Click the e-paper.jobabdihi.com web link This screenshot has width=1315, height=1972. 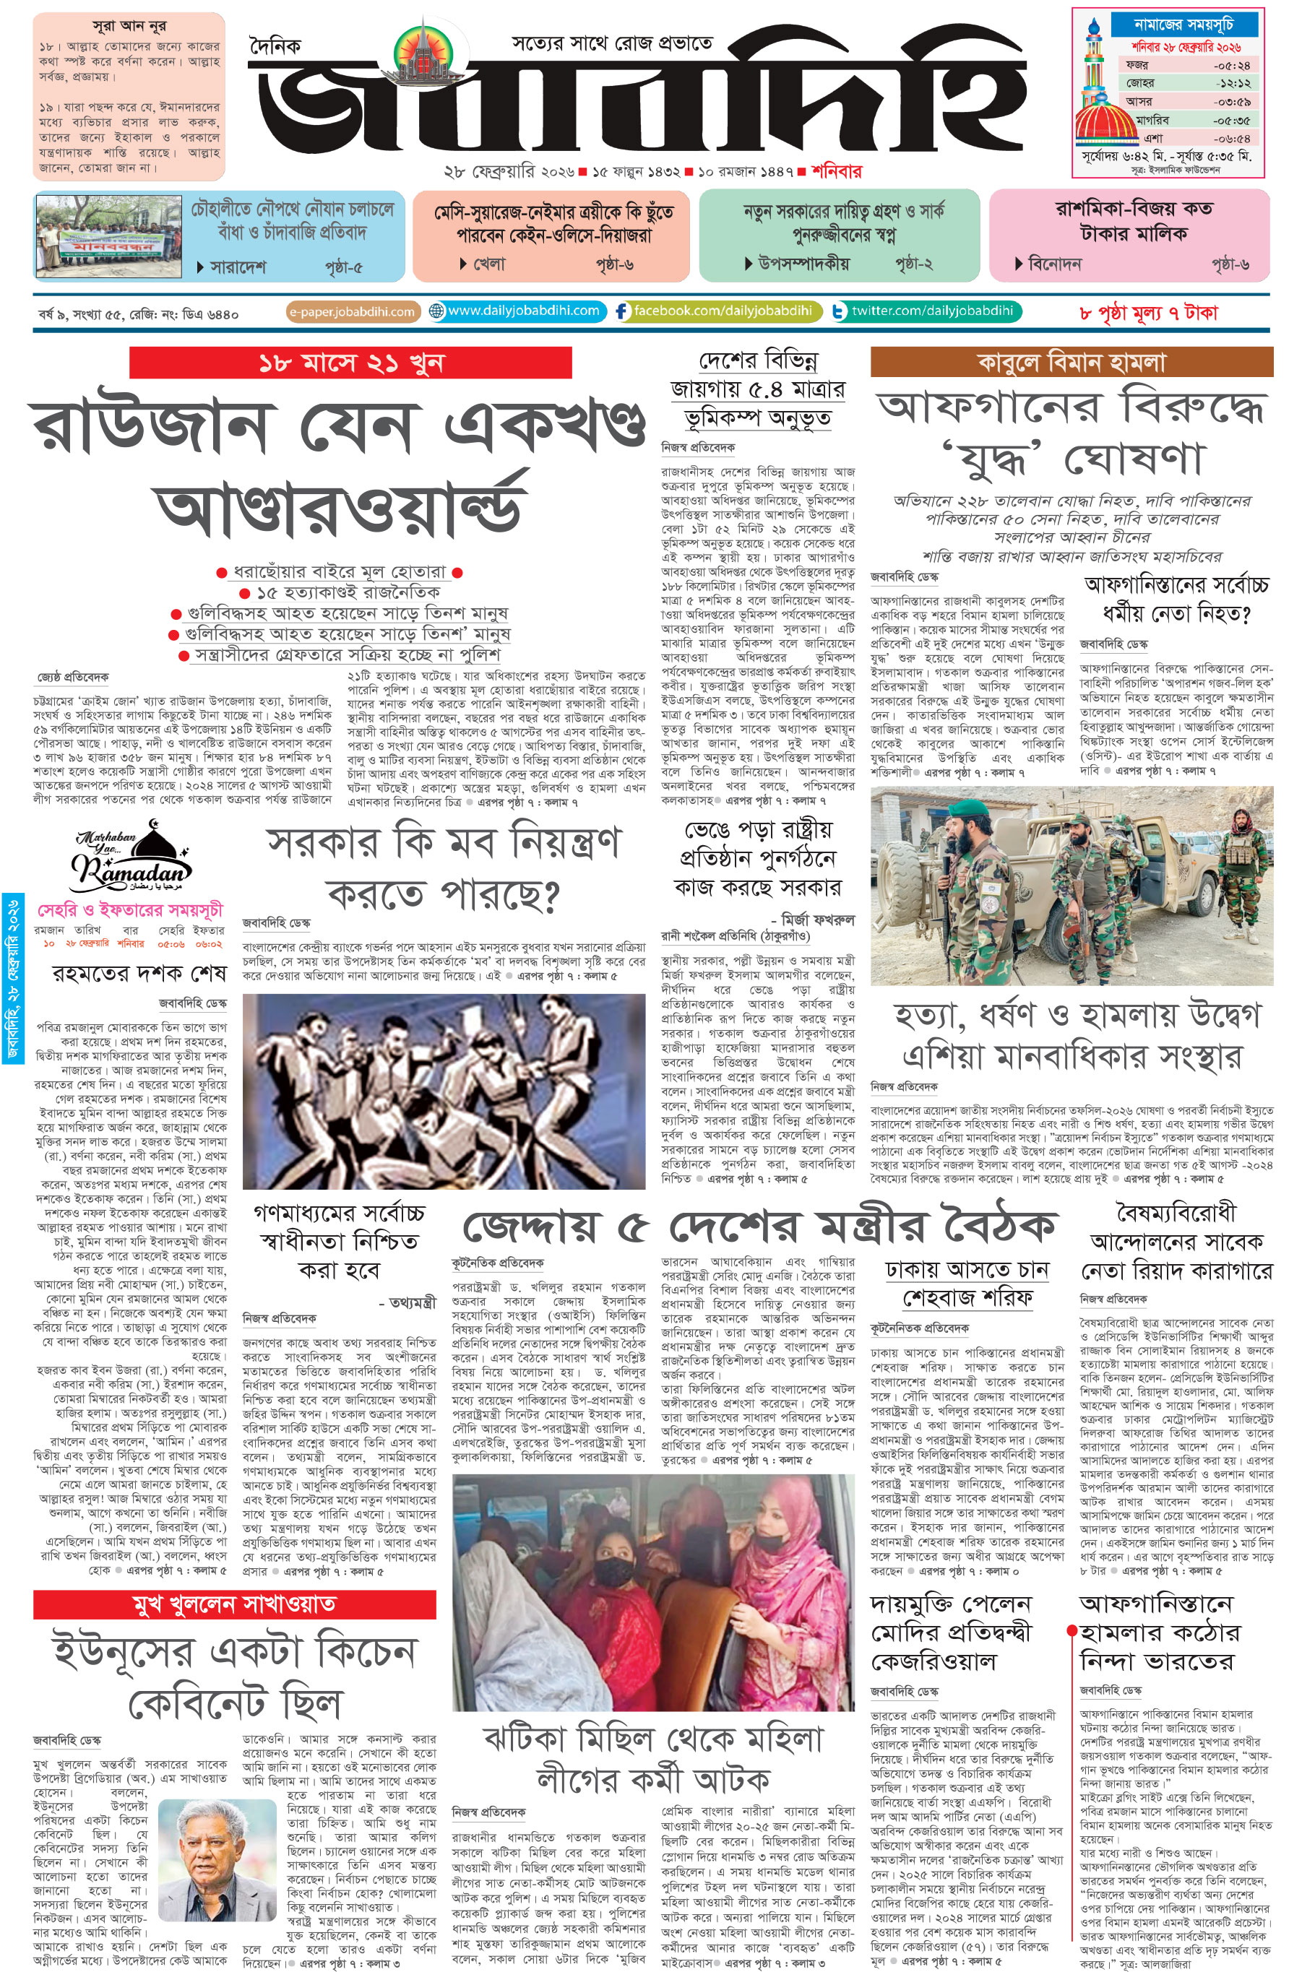click(353, 312)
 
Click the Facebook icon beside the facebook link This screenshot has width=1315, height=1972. click(621, 312)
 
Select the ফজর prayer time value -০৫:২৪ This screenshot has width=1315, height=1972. click(1231, 66)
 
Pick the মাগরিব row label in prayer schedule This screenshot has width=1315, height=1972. click(1152, 120)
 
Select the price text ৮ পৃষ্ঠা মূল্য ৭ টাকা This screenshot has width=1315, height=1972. click(1147, 313)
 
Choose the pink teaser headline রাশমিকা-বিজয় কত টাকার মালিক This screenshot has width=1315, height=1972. click(1133, 220)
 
